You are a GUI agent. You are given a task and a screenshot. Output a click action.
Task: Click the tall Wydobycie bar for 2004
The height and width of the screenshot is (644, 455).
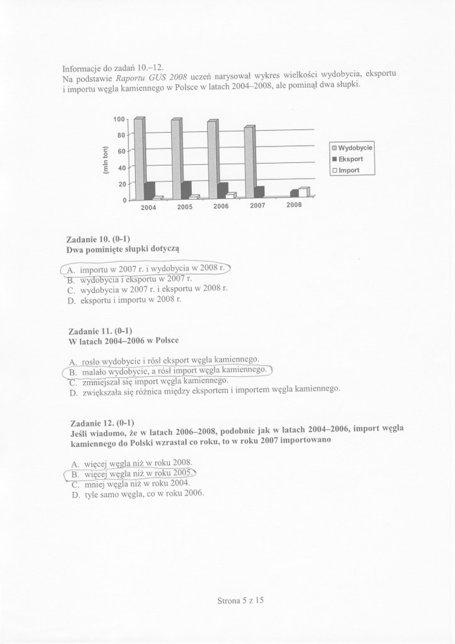click(139, 158)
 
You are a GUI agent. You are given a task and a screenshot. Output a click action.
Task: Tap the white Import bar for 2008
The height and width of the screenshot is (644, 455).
click(304, 192)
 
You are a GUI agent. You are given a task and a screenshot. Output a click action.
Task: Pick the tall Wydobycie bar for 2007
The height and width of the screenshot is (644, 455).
click(249, 162)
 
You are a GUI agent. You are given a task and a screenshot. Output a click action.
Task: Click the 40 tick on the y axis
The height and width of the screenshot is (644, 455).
click(121, 168)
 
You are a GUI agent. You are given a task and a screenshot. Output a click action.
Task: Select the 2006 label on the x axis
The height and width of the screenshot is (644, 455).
click(221, 206)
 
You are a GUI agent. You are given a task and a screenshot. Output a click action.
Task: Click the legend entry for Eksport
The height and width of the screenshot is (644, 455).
click(352, 159)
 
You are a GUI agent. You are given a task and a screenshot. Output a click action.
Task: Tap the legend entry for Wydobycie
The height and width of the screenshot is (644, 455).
click(352, 148)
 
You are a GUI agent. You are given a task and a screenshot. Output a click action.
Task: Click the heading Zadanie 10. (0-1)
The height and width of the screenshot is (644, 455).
click(98, 239)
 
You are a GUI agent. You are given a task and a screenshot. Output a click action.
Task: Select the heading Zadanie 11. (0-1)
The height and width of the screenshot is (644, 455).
click(99, 331)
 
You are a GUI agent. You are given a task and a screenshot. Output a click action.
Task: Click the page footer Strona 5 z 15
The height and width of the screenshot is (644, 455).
click(240, 600)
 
